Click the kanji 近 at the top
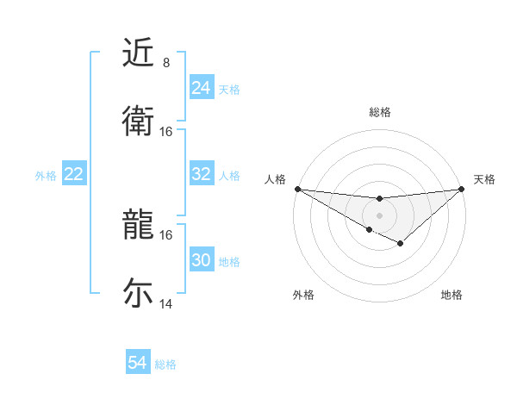pyautogui.click(x=138, y=53)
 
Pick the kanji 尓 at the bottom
pyautogui.click(x=138, y=293)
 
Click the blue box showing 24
pyautogui.click(x=201, y=88)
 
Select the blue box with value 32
pyautogui.click(x=201, y=174)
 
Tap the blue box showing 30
pyautogui.click(x=201, y=260)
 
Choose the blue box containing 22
pyautogui.click(x=73, y=174)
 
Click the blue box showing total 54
pyautogui.click(x=137, y=363)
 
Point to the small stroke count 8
pyautogui.click(x=166, y=63)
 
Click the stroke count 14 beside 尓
pyautogui.click(x=166, y=304)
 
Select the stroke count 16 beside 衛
pyautogui.click(x=166, y=132)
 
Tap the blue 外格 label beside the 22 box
pyautogui.click(x=46, y=175)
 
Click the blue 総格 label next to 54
pyautogui.click(x=165, y=364)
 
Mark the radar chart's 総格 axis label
pyautogui.click(x=379, y=112)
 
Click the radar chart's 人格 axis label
pyautogui.click(x=276, y=179)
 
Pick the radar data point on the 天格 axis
pyautogui.click(x=461, y=189)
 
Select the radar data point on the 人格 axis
pyautogui.click(x=297, y=189)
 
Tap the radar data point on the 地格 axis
pyautogui.click(x=400, y=244)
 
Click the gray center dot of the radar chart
pyautogui.click(x=379, y=215)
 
